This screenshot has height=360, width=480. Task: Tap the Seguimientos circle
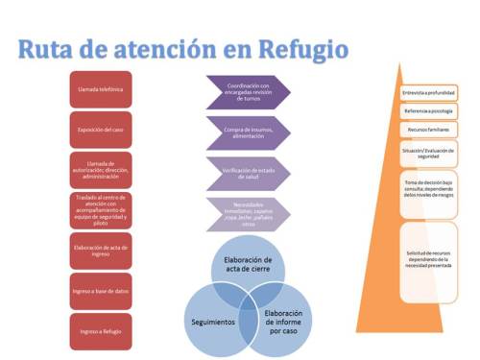tap(215, 321)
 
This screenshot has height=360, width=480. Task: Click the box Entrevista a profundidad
tap(428, 92)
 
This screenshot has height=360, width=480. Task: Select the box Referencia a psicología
tap(428, 111)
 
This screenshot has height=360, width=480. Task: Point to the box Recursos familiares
tap(428, 130)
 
